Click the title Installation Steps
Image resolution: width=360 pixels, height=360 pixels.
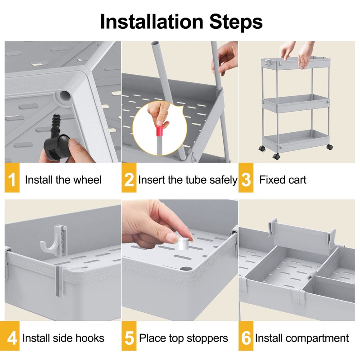pos(181,22)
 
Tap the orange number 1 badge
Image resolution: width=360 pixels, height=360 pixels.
pos(12,178)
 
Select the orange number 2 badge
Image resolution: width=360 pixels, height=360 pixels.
pos(129,178)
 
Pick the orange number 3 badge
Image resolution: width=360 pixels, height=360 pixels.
pos(246,178)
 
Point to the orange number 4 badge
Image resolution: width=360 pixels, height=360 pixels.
pos(12,336)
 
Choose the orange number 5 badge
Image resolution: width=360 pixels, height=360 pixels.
pos(129,336)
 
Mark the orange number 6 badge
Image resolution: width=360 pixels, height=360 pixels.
pos(246,336)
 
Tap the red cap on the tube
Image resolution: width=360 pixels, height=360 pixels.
pos(162,130)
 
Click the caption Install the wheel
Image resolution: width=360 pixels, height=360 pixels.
pos(63,180)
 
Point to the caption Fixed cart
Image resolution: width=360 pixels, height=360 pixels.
pos(283,180)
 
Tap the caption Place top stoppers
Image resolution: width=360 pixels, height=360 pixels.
pos(184,338)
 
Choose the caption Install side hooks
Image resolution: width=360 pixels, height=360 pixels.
pos(63,338)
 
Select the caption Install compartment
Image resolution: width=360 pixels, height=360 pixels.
pos(302,338)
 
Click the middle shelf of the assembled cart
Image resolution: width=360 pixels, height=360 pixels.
pos(296,104)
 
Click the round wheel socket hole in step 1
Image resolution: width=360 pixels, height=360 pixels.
pos(65,95)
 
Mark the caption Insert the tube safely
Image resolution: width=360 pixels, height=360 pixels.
pos(188,180)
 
